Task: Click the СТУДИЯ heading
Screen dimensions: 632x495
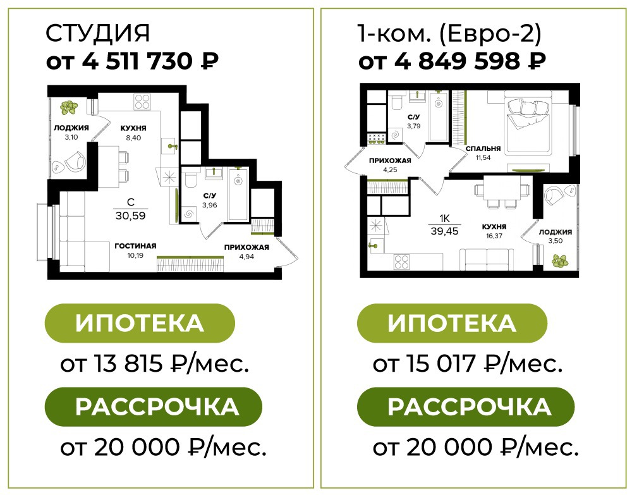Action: pyautogui.click(x=97, y=33)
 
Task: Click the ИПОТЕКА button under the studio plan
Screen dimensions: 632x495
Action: pyautogui.click(x=140, y=323)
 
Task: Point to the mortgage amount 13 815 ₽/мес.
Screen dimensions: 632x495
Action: pyautogui.click(x=154, y=364)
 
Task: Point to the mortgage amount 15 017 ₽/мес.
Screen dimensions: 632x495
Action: pyautogui.click(x=468, y=364)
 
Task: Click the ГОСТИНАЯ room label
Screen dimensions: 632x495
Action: pyautogui.click(x=135, y=246)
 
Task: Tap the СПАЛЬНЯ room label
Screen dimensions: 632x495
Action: pyautogui.click(x=483, y=149)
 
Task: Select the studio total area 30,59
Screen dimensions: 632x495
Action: pyautogui.click(x=131, y=216)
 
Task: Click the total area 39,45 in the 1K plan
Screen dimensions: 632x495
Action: pyautogui.click(x=444, y=231)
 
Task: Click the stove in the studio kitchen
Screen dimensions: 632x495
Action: pyautogui.click(x=142, y=101)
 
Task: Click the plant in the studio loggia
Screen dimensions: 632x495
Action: pyautogui.click(x=68, y=107)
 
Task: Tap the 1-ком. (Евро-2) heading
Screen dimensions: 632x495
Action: pyautogui.click(x=449, y=34)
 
